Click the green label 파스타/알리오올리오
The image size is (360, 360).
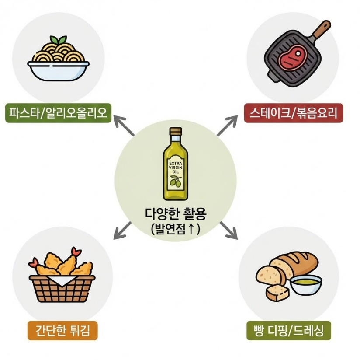point(58,113)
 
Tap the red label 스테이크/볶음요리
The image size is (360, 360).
point(293,113)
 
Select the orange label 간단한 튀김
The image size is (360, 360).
point(62,331)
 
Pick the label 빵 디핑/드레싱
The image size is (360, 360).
point(288,331)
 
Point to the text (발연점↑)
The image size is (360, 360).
point(174,229)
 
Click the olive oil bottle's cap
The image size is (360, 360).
point(175,131)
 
